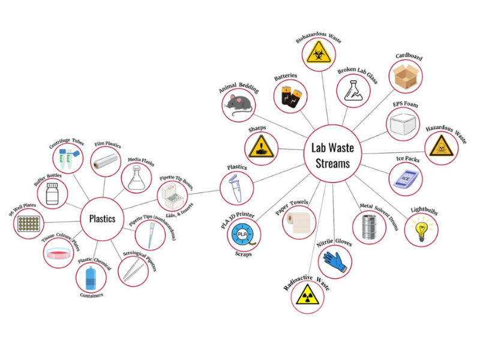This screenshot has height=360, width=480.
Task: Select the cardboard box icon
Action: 406,76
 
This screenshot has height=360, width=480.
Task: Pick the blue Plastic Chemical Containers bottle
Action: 91,277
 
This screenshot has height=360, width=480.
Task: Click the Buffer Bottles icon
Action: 53,194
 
